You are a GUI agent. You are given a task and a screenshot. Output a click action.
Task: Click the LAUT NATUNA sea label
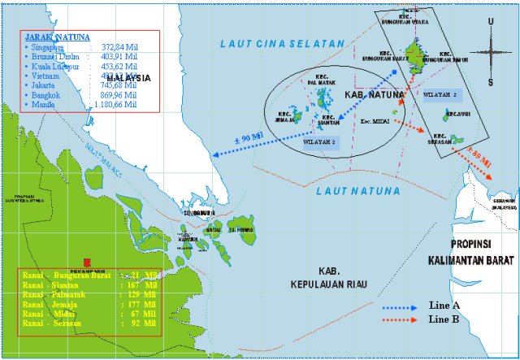[x=357, y=192]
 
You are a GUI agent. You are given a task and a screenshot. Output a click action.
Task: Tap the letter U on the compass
[x=490, y=21]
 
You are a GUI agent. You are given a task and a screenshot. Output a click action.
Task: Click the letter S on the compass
[x=490, y=83]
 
